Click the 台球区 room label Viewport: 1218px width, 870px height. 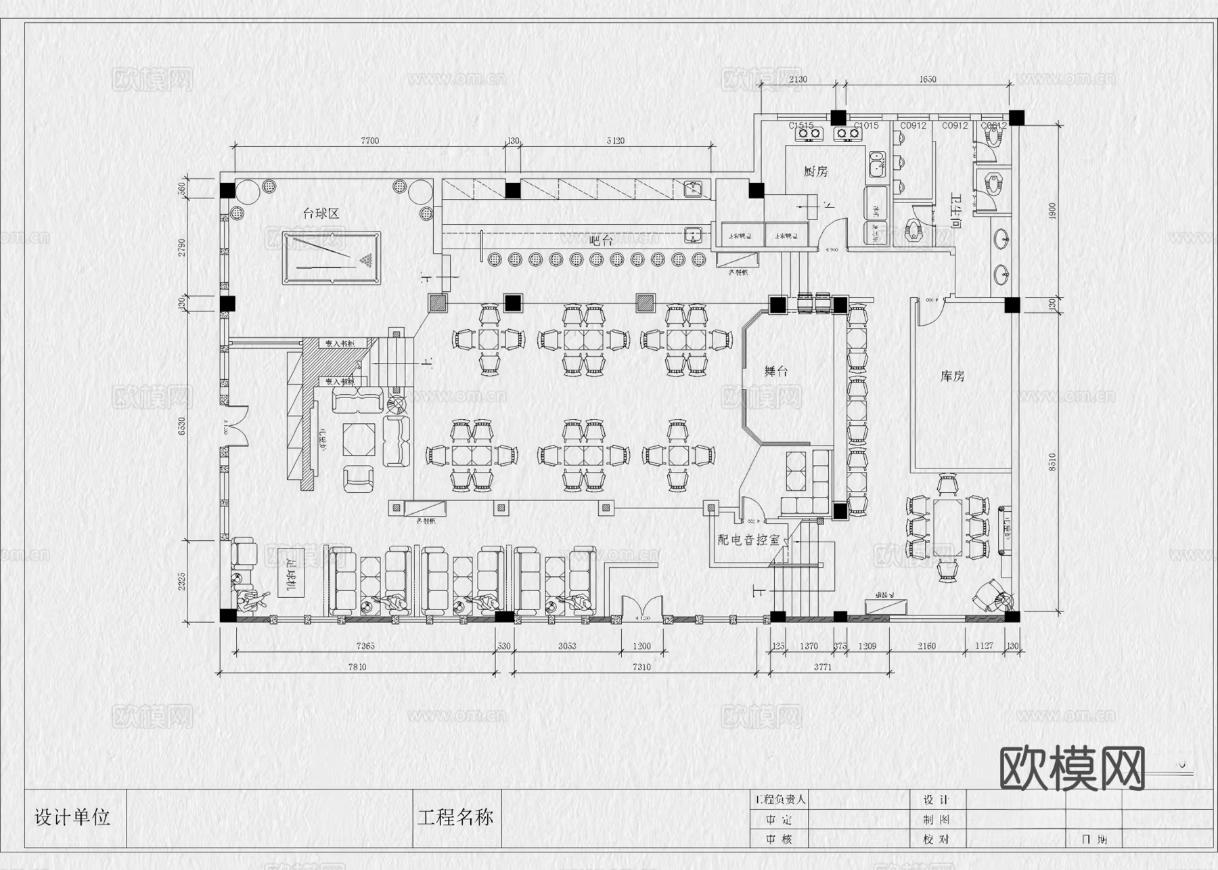point(321,213)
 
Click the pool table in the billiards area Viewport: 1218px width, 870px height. point(332,259)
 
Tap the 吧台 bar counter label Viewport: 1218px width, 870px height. point(601,240)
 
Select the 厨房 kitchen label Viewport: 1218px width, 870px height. point(815,171)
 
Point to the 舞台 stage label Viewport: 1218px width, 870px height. point(776,371)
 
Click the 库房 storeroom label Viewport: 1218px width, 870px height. point(952,376)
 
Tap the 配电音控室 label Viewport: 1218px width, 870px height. point(748,540)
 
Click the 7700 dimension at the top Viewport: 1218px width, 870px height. point(369,141)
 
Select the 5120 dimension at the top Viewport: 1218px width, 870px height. point(615,141)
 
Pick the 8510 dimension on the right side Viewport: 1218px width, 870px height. point(1052,462)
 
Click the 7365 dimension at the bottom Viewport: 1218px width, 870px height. point(365,646)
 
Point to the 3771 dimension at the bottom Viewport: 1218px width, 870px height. point(822,667)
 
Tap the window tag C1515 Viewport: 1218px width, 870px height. point(801,126)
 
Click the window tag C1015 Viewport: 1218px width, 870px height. point(866,126)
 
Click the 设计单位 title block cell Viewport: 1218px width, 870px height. point(72,817)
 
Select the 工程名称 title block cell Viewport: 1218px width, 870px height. point(455,817)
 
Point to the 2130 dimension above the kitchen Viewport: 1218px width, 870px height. point(798,79)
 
